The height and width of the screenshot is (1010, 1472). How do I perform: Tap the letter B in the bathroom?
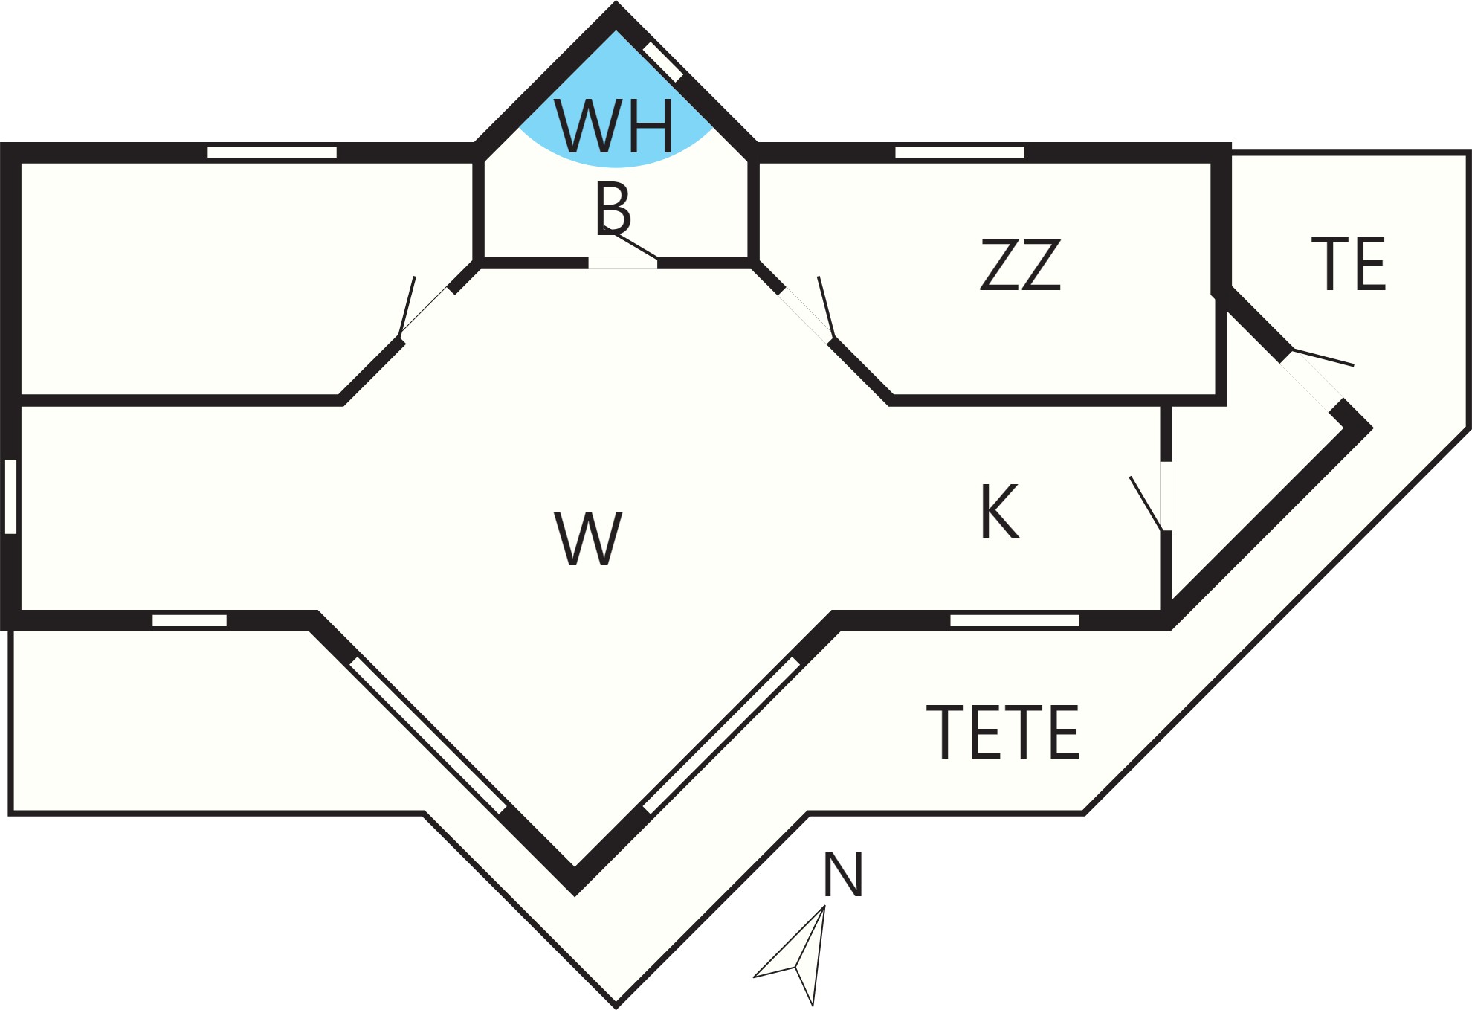(613, 208)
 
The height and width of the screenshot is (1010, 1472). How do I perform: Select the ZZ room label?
(1020, 264)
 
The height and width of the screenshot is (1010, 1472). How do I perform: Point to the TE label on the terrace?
(1349, 263)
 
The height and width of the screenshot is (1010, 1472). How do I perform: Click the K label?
(1000, 510)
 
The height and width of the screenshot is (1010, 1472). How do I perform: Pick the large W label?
(588, 538)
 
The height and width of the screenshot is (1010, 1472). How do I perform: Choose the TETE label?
(1003, 732)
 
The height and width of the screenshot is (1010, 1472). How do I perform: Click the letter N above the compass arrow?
(843, 874)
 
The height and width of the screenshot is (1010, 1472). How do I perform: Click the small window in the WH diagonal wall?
(663, 62)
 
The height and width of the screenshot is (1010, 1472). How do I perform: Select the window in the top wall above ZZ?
(960, 152)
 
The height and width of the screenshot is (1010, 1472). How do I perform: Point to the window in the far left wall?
(10, 496)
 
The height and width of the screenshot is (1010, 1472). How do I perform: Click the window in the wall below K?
(1015, 620)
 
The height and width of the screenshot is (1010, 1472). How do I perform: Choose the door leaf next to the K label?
(1146, 504)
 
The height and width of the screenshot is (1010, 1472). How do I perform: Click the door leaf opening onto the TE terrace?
(1323, 357)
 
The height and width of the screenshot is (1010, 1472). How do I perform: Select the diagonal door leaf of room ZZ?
(826, 306)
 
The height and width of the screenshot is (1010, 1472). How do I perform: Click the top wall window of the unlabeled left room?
(272, 152)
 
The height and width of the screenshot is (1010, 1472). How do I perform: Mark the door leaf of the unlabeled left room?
(407, 306)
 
